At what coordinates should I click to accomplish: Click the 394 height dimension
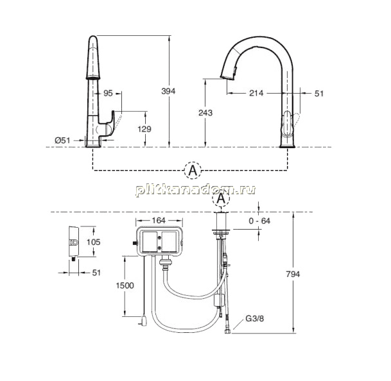point(168,91)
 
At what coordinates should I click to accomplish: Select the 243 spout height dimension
point(205,113)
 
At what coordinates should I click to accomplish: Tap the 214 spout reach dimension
point(256,93)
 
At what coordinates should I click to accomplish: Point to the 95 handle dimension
point(108,93)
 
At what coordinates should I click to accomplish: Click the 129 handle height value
point(144,129)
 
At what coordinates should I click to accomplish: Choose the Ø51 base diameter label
point(62,140)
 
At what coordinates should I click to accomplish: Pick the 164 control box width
point(159,221)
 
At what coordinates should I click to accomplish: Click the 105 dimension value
point(93,242)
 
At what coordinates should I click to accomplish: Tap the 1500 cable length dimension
point(125,285)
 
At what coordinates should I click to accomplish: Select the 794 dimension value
point(293,275)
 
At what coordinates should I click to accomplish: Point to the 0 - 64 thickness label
point(259,221)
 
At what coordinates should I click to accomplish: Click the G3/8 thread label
point(255,319)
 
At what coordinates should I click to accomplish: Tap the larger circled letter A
point(193,171)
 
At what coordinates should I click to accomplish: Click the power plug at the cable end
point(144,321)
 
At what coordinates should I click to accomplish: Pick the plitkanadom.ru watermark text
point(196,190)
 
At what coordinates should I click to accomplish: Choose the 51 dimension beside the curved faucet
point(319,94)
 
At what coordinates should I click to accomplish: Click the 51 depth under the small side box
point(96,273)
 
